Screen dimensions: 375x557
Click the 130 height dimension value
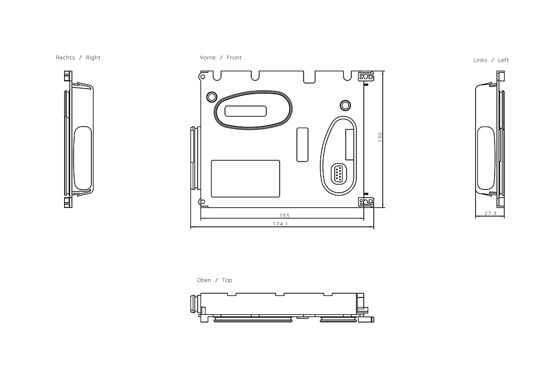(x=380, y=137)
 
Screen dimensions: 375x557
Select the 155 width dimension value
(x=284, y=215)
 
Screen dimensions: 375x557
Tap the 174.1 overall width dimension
(x=280, y=225)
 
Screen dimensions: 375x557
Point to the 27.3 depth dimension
(x=490, y=213)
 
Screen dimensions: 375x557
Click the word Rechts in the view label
(x=65, y=58)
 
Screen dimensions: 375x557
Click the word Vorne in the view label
(x=208, y=58)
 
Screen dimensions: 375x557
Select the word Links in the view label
(x=480, y=60)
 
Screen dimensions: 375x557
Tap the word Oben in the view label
(x=204, y=280)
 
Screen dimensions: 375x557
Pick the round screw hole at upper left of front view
(x=211, y=97)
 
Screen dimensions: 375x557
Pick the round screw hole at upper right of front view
(x=345, y=105)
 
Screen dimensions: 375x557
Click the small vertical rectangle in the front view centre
(x=302, y=144)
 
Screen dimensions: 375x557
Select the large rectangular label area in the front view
(x=245, y=178)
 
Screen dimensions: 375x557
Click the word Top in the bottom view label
(x=227, y=280)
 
